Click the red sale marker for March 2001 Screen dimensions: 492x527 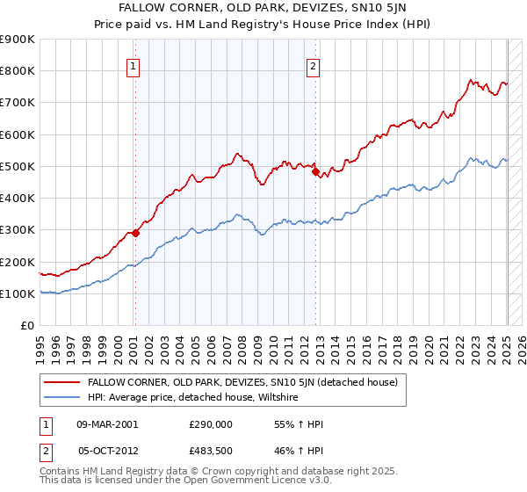click(x=135, y=233)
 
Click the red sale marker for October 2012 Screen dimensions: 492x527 click(x=315, y=171)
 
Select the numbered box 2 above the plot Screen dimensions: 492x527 click(x=314, y=65)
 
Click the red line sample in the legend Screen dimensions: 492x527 click(x=61, y=382)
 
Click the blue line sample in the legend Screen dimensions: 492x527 click(x=61, y=397)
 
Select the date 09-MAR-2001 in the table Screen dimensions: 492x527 click(x=107, y=423)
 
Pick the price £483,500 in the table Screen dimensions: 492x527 click(x=211, y=449)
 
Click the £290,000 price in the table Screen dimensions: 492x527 click(x=211, y=423)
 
